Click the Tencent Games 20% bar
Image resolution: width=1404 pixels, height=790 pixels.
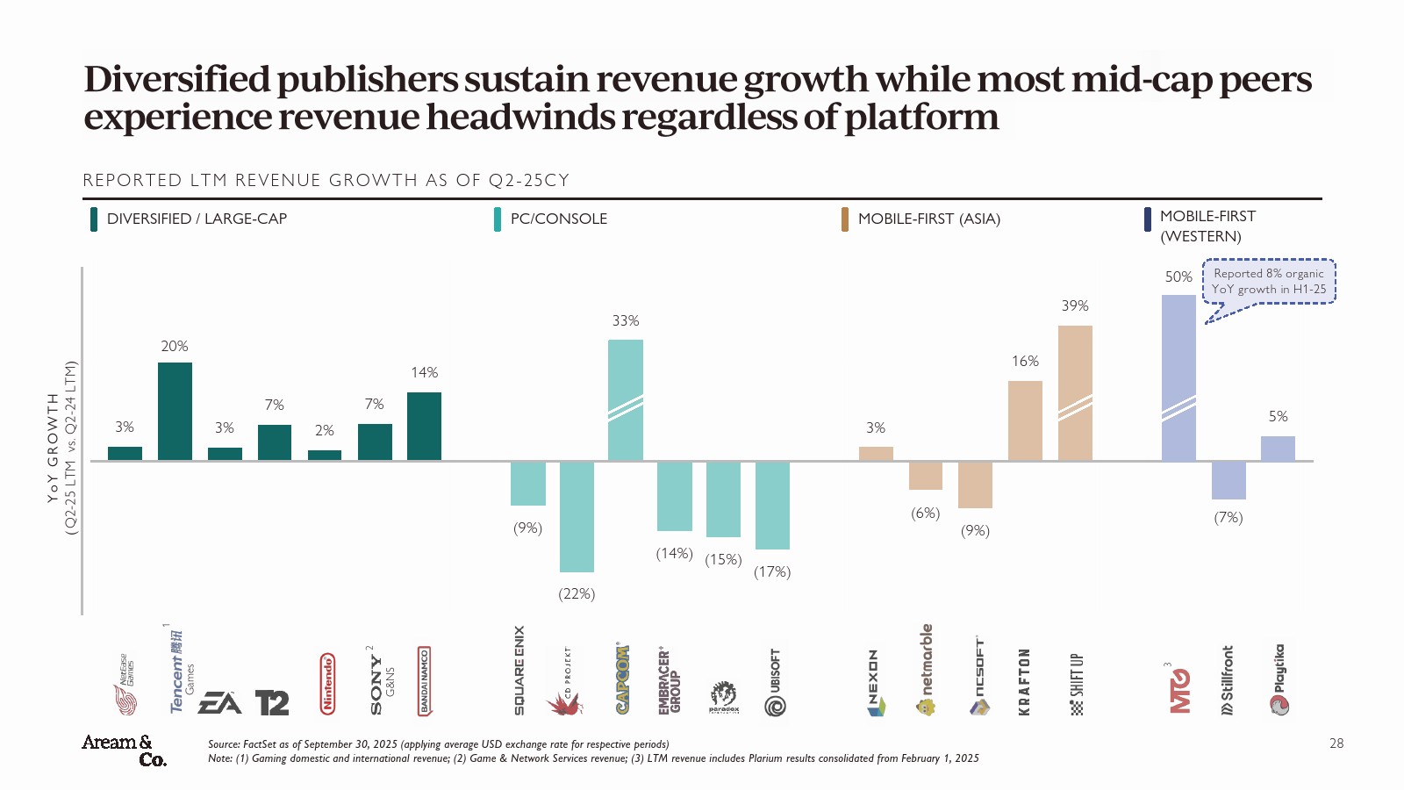point(175,411)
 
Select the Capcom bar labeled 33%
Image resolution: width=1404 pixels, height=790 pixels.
point(625,399)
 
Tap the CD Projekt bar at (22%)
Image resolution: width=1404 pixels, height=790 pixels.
point(577,516)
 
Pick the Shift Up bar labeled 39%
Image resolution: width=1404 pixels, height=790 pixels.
point(1075,392)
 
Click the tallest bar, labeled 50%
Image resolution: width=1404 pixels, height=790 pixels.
point(1178,377)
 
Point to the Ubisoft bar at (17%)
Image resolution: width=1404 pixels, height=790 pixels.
point(772,505)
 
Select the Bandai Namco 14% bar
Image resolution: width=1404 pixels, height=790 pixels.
point(424,426)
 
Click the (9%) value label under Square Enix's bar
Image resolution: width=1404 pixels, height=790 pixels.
point(527,528)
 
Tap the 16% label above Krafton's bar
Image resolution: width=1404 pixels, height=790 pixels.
point(1025,362)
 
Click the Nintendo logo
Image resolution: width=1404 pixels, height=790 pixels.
point(327,683)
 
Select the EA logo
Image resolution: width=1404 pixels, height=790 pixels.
point(219,703)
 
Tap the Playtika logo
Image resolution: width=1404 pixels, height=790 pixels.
point(1279,681)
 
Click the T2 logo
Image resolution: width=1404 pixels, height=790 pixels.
point(272,703)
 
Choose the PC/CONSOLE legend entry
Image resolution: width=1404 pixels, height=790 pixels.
point(558,219)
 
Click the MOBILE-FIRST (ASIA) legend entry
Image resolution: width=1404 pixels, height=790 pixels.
point(928,219)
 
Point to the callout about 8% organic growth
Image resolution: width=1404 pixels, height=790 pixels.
point(1269,281)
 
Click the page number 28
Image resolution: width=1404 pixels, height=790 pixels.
point(1336,743)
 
